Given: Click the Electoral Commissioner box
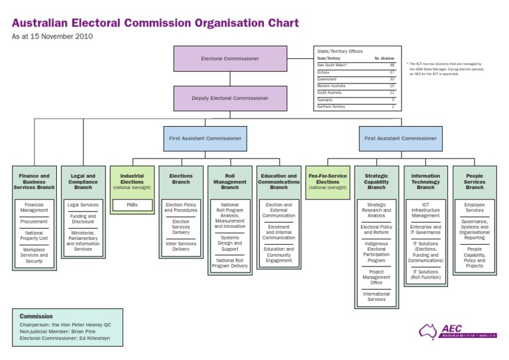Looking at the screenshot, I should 230,58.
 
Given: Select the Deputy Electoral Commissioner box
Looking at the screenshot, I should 230,98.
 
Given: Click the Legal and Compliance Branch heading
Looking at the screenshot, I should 83,182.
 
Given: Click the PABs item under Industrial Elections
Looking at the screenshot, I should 132,206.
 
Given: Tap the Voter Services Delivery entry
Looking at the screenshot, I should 181,246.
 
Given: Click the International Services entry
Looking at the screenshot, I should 376,296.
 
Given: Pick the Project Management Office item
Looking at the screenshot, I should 376,277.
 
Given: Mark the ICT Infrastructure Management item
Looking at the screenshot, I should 425,210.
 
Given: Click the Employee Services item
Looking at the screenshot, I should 475,208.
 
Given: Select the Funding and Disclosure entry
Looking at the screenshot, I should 83,219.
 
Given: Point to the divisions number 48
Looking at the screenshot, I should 392,65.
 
